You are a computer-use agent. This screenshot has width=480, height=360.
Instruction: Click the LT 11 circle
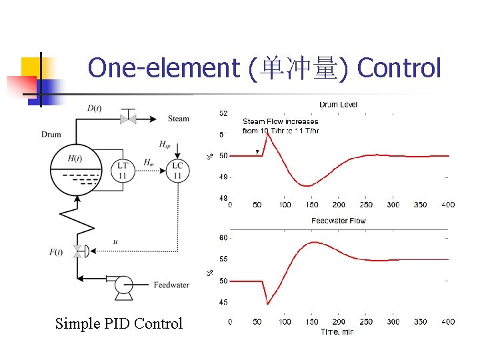[123, 171]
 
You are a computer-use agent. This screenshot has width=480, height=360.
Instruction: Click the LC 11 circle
[177, 171]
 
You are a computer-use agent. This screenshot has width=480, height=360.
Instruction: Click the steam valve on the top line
[127, 119]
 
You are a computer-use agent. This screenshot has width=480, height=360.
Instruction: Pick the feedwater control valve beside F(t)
[77, 251]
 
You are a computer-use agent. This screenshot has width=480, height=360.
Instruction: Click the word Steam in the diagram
[178, 119]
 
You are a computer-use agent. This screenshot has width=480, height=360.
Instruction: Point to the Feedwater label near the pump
[171, 285]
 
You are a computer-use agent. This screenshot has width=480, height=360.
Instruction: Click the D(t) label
[95, 107]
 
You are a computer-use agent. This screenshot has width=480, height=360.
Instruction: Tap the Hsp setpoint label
[165, 144]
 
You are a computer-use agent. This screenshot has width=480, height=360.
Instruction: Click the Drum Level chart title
[338, 105]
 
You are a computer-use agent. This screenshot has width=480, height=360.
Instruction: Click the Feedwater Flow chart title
[338, 221]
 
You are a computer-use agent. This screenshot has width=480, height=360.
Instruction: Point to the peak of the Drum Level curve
[267, 134]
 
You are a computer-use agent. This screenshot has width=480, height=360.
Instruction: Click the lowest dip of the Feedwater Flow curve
[267, 304]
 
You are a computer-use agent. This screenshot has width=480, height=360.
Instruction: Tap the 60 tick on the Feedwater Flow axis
[223, 238]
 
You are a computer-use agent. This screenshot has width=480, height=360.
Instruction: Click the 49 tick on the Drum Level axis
[223, 177]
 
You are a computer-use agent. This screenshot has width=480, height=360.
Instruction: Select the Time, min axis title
[337, 331]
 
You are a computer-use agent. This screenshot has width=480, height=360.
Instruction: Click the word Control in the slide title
[399, 68]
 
